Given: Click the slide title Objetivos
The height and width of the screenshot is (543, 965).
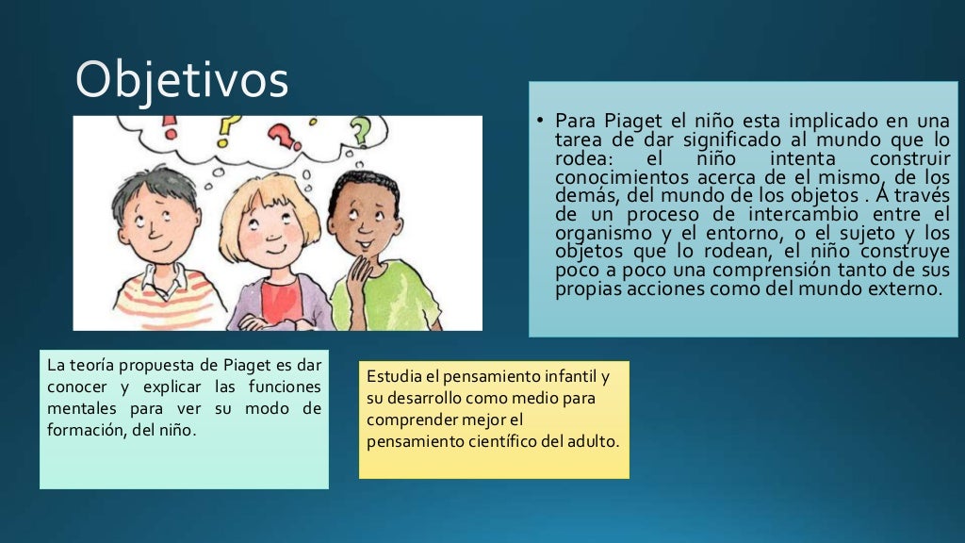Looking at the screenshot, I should (181, 79).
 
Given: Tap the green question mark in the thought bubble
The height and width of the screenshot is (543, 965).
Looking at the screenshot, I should (359, 129).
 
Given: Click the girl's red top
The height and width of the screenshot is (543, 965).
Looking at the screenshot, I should (279, 302).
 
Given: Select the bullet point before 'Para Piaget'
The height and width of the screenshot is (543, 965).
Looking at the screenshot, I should (541, 122).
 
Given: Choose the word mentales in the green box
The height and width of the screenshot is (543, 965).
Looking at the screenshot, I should (79, 409).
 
